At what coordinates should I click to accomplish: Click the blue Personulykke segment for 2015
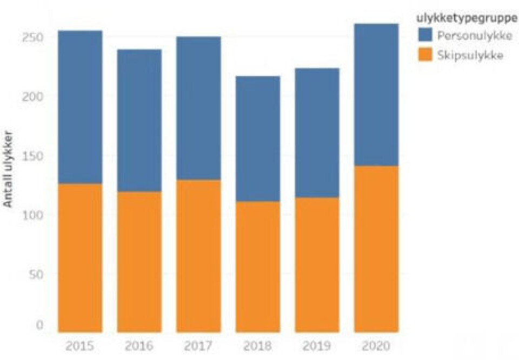(80, 107)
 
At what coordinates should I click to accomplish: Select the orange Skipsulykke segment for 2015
(80, 258)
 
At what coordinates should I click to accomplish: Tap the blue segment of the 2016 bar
(139, 121)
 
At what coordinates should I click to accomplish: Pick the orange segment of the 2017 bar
(198, 256)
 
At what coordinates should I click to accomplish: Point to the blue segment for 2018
(257, 139)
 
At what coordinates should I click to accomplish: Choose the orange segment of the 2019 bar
(317, 264)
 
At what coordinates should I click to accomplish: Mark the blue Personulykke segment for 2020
(376, 95)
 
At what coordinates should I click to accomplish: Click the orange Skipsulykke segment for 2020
(376, 249)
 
